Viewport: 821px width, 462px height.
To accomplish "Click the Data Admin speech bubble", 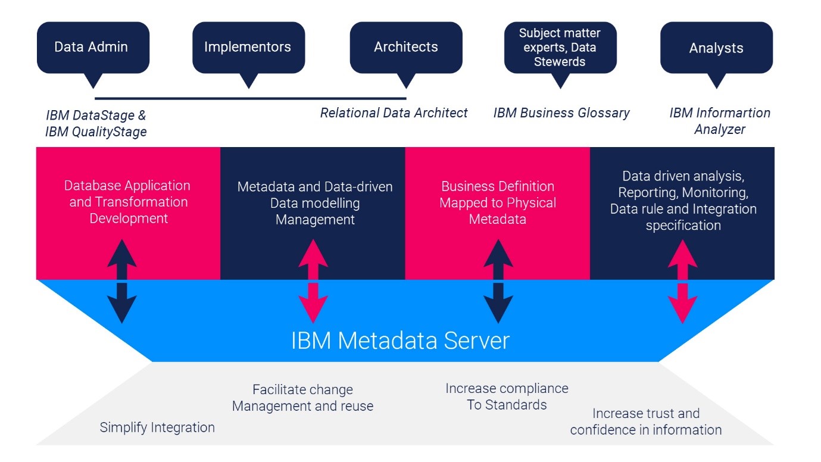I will (x=92, y=48).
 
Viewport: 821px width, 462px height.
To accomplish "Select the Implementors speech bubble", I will (x=248, y=48).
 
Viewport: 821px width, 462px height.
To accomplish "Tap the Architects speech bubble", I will (x=405, y=48).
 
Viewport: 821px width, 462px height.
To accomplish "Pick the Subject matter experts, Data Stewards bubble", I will (x=560, y=48).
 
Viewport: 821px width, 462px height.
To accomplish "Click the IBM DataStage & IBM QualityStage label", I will (x=96, y=123).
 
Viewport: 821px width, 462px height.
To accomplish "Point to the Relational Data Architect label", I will (x=394, y=113).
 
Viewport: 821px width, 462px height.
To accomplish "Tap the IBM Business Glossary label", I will (x=561, y=113).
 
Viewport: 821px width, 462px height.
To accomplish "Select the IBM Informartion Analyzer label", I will (x=719, y=121).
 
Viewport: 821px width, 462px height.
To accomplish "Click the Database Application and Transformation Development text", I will (x=128, y=202).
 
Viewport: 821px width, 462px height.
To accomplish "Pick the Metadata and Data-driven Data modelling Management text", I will (x=315, y=203).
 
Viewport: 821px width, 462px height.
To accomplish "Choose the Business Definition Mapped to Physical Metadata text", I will (x=498, y=202).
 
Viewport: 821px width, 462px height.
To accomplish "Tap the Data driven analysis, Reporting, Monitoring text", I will (x=683, y=201).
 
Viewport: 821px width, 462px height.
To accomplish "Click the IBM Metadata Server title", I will (x=400, y=341).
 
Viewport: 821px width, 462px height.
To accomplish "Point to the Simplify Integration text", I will (x=157, y=427).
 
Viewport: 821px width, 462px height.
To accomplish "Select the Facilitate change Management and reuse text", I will (x=302, y=398).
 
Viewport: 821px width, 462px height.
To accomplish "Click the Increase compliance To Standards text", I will (x=507, y=397).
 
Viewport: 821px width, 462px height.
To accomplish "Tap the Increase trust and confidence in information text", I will (x=646, y=422).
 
